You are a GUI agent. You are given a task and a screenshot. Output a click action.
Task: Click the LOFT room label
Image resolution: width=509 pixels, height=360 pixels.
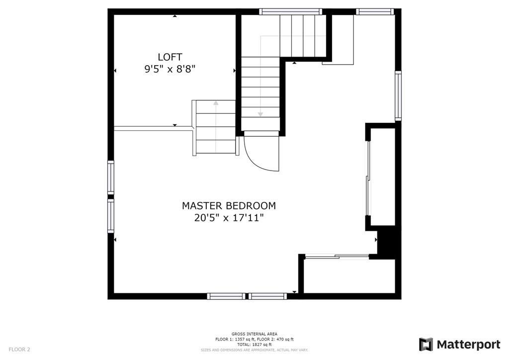tap(170, 57)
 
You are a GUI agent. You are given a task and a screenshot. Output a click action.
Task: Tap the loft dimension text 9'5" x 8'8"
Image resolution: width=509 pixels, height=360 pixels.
tap(170, 69)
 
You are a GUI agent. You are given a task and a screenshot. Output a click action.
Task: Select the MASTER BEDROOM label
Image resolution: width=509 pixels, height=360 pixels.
tap(229, 206)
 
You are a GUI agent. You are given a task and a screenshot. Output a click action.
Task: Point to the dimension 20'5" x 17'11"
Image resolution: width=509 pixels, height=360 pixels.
tap(229, 218)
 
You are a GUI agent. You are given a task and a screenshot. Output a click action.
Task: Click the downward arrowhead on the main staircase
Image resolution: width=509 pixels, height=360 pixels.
tap(260, 114)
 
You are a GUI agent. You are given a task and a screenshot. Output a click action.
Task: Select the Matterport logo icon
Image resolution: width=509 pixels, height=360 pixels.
tap(426, 345)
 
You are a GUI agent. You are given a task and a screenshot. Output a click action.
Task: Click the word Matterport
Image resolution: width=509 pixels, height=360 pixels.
tap(468, 345)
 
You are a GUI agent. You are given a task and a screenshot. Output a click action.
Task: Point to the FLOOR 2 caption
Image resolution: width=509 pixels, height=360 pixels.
tap(19, 350)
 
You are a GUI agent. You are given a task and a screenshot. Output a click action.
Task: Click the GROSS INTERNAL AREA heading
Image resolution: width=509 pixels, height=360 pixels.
tap(254, 334)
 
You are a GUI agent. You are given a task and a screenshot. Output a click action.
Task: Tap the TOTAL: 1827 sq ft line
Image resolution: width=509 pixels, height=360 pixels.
tap(254, 345)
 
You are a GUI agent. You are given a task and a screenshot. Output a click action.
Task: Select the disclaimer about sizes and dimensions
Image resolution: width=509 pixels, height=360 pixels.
tap(254, 350)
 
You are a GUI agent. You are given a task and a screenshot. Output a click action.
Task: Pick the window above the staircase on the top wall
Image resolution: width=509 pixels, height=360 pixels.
tap(290, 12)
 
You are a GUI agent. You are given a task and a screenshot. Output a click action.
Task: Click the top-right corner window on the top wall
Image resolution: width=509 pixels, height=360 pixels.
tap(375, 12)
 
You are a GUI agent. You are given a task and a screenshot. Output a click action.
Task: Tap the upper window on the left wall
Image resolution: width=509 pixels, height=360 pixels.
tap(111, 178)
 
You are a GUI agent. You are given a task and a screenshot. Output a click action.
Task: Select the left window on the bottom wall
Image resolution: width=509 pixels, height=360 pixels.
tap(226, 296)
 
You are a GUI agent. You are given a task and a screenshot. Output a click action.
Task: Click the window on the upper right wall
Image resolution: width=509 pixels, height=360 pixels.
tap(398, 96)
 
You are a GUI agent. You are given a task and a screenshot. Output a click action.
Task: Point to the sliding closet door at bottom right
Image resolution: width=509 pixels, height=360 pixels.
tap(337, 257)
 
